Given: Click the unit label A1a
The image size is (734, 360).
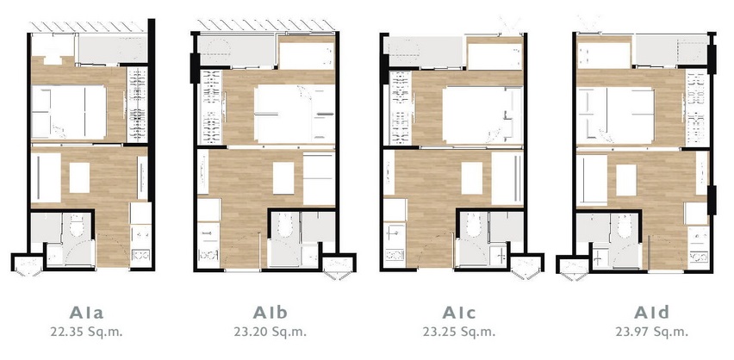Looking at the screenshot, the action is coord(87,313).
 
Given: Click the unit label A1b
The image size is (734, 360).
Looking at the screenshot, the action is coord(271,313).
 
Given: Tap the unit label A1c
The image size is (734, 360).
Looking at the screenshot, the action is coord(458,313).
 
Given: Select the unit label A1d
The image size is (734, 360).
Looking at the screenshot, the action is coord(651,313).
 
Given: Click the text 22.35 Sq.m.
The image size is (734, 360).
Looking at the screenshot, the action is coord(87,332).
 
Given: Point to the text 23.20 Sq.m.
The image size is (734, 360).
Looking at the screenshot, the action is coord(271,332).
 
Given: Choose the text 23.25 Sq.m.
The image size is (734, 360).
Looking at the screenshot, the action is coord(458,332).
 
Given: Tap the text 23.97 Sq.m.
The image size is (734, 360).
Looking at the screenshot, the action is coord(651,332).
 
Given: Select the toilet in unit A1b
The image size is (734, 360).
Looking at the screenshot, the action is coord(285,225).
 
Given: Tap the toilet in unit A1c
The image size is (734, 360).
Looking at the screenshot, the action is coord(473,225).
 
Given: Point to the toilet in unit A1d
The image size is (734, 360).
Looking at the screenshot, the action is coord(625,226).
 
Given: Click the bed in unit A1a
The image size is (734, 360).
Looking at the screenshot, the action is coord(69,112).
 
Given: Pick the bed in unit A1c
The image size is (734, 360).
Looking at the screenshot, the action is coord(482,115).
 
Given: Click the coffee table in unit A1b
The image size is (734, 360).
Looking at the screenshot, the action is coord(283,178).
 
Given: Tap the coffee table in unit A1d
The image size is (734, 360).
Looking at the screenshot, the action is coord(625,180).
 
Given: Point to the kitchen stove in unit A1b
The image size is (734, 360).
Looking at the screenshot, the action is coord(208,255).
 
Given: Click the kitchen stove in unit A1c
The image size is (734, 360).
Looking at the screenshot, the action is coord(395,255).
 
